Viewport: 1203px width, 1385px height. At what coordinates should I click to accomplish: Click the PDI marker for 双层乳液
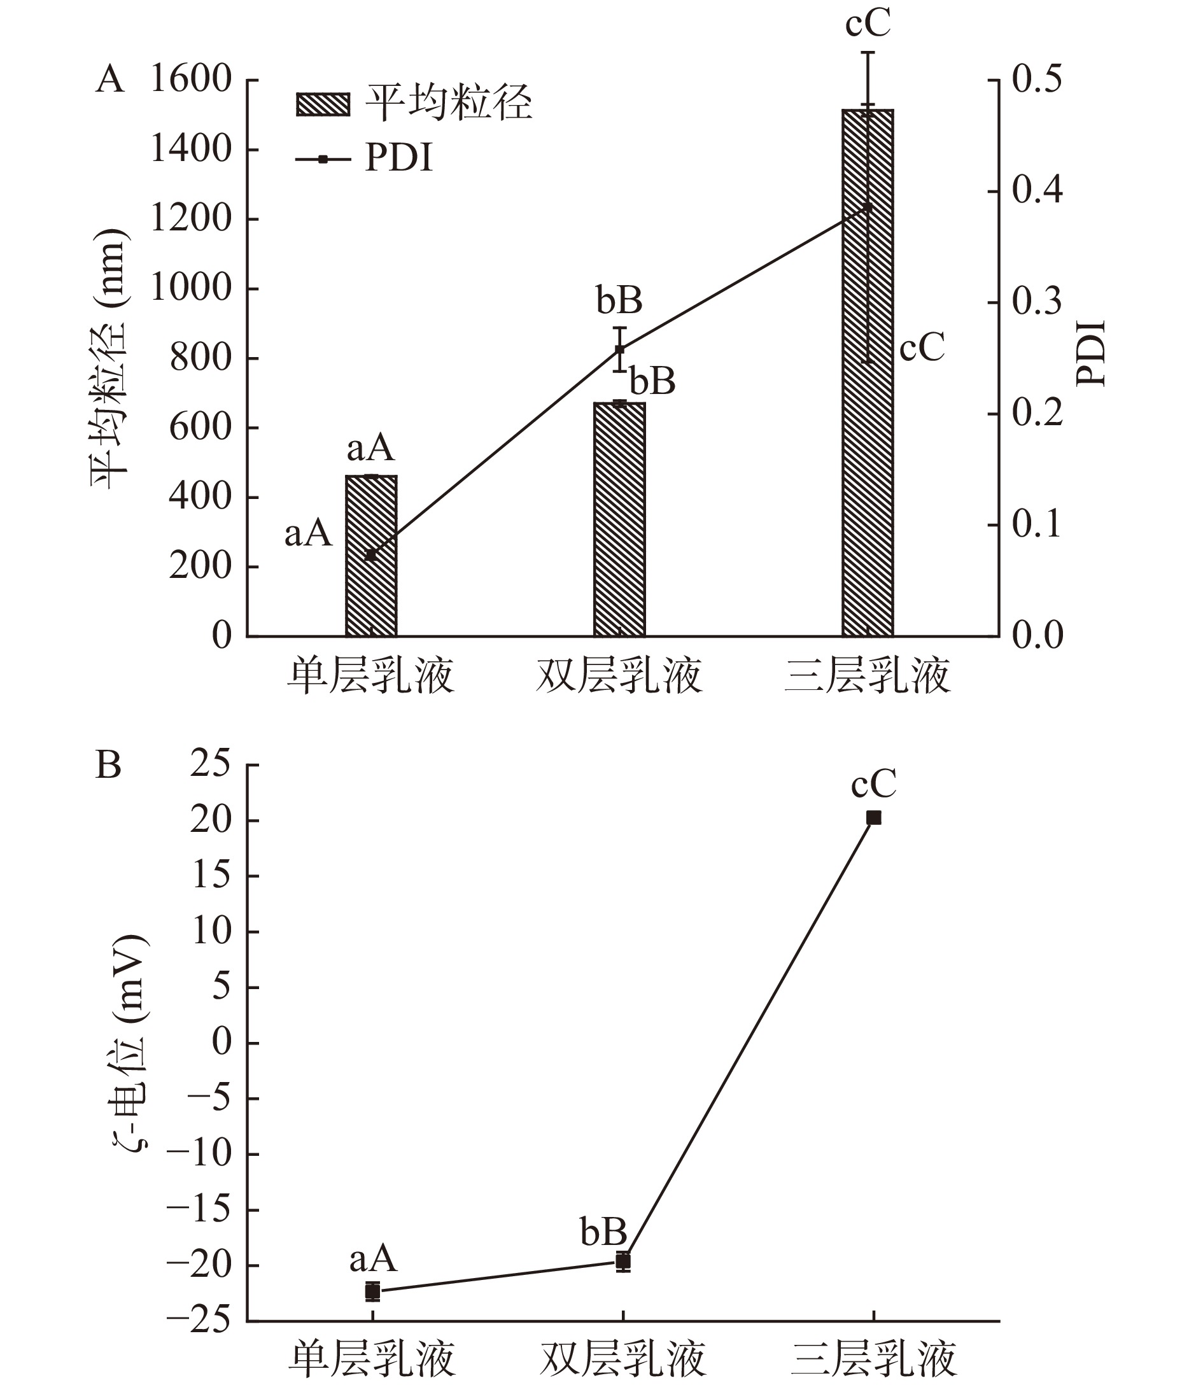(619, 349)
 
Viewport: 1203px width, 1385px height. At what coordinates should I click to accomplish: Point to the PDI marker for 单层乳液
(370, 555)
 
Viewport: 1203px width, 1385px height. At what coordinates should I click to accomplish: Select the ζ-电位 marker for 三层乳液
(873, 818)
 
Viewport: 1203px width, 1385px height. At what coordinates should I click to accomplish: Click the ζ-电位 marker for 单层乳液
(372, 1291)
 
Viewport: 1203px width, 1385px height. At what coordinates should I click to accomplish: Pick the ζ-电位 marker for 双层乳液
(623, 1262)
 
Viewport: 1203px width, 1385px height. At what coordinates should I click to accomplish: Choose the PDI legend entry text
(398, 159)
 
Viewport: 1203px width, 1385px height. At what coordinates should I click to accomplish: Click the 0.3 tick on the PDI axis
(1037, 303)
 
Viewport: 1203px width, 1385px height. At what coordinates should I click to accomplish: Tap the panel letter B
(109, 765)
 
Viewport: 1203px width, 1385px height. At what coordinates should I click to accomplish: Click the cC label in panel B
(873, 784)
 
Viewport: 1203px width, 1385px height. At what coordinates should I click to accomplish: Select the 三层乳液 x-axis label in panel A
(868, 675)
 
